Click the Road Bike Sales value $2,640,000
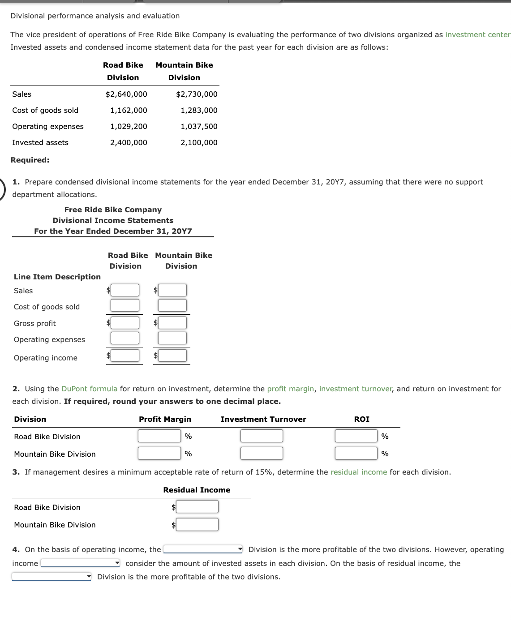tap(126, 94)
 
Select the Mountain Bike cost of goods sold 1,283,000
tap(199, 110)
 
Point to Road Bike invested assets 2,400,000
tap(129, 142)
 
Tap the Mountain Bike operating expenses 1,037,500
tap(199, 126)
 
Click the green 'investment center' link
tap(477, 34)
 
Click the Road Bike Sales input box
tap(125, 290)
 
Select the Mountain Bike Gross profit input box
tap(172, 323)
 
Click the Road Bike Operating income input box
tap(125, 355)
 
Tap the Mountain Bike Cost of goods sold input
tap(172, 305)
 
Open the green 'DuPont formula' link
tap(89, 389)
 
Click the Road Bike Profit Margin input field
tap(159, 436)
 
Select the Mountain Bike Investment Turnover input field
tap(262, 453)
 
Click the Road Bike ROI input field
tap(356, 436)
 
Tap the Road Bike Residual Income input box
tap(197, 507)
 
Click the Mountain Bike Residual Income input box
tap(197, 524)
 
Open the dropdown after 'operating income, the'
tap(203, 549)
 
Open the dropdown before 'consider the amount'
tap(80, 563)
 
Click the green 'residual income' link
tap(358, 472)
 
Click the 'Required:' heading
tap(30, 160)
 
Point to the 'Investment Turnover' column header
tap(263, 419)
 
